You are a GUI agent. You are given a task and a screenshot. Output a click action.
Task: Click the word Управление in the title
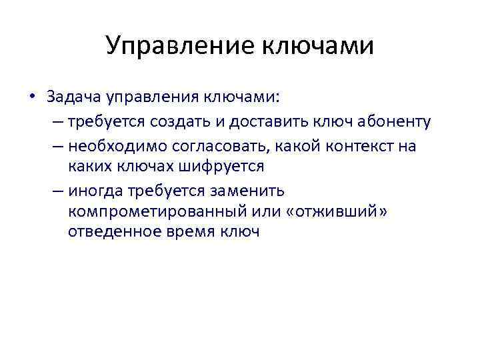tap(177, 46)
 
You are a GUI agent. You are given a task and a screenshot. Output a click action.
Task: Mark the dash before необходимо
tap(59, 145)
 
